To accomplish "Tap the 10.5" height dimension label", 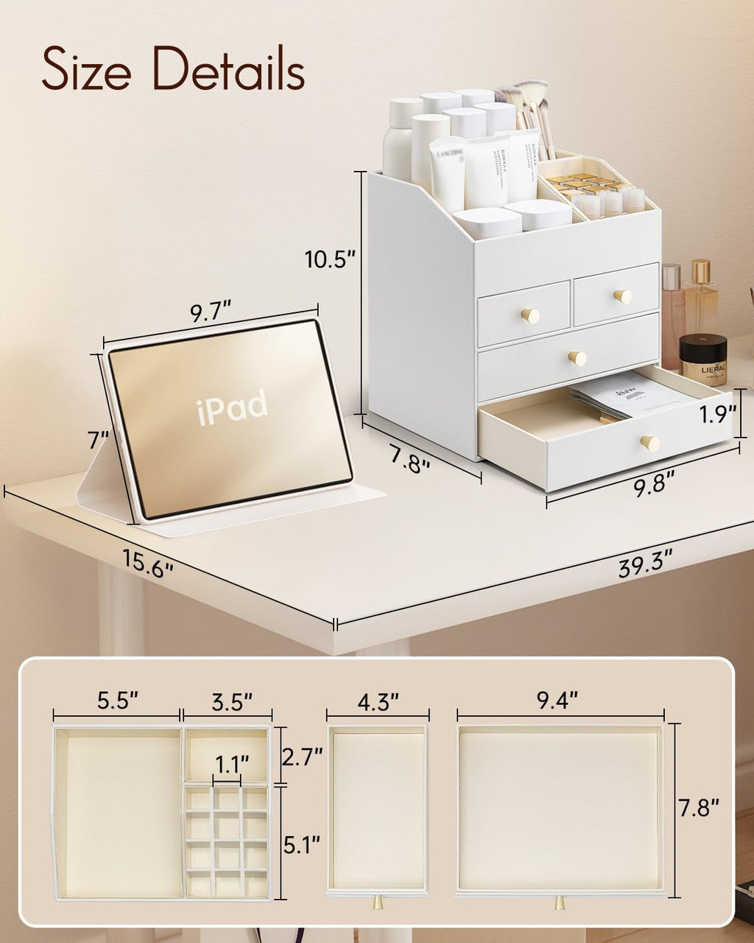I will (x=331, y=259).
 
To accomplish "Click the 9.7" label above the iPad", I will (x=211, y=312).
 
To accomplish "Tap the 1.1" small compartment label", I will (x=232, y=760).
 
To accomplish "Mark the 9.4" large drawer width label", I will (x=558, y=701).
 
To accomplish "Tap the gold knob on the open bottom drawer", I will (x=649, y=443).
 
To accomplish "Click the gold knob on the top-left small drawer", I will (x=530, y=315).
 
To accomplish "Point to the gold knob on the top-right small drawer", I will (x=623, y=296).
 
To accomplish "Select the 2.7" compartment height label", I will (x=302, y=757).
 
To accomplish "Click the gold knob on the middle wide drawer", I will (x=577, y=358).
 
